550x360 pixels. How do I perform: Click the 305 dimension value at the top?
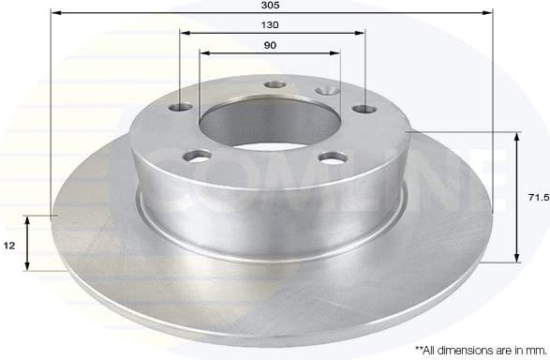[x=272, y=6]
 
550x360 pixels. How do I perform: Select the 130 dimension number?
[x=272, y=25]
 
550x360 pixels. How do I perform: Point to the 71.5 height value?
[x=535, y=199]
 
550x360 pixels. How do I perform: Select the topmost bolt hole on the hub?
[x=275, y=84]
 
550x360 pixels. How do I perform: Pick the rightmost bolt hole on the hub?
[x=362, y=110]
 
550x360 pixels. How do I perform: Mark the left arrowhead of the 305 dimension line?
[x=52, y=14]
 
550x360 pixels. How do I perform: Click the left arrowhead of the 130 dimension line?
[x=182, y=34]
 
